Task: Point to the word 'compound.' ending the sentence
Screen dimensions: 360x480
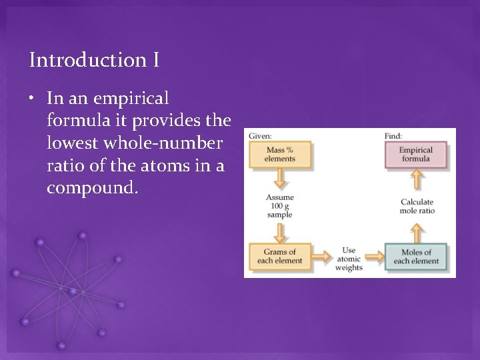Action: [93, 188]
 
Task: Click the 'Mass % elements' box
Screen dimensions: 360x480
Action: [280, 154]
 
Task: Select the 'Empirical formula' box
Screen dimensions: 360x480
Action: [416, 154]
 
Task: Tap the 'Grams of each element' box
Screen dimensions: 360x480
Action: [280, 256]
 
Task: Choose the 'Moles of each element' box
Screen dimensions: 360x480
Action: [416, 256]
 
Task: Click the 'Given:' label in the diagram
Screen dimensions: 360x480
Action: [260, 136]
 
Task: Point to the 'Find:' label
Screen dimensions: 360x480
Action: [393, 136]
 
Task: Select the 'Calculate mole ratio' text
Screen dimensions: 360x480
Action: [417, 206]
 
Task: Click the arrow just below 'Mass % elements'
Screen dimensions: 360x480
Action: [280, 179]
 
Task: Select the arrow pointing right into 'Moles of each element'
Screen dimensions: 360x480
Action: [374, 256]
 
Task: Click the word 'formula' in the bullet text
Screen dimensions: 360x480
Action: [73, 121]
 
